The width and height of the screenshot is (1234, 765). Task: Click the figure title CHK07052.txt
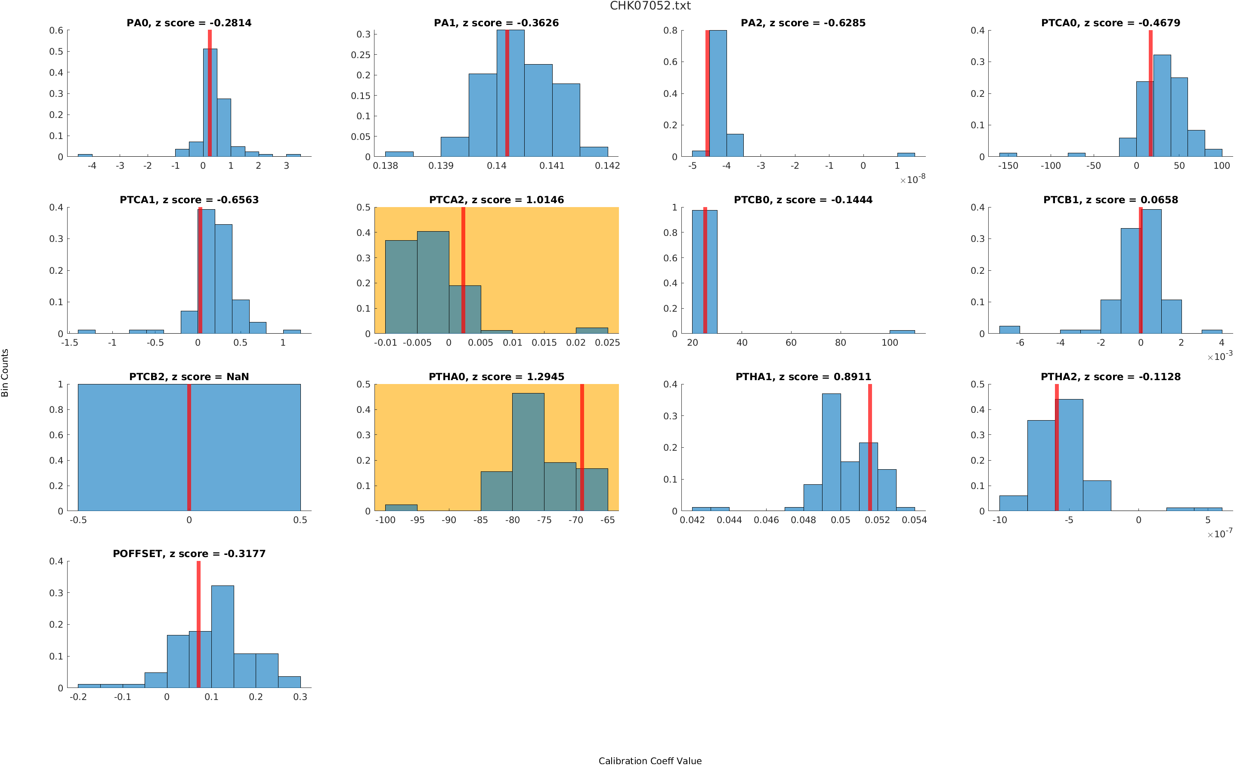click(650, 6)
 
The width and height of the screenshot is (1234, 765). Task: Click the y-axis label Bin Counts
click(5, 372)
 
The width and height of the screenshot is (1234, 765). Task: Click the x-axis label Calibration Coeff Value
click(650, 760)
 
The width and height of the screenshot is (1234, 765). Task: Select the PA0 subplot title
click(189, 23)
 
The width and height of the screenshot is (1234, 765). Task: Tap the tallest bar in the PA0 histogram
click(210, 101)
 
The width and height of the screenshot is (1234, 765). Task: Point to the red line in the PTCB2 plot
click(189, 447)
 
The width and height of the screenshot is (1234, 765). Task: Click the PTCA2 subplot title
click(496, 200)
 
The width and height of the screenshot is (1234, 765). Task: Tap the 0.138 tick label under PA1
click(385, 166)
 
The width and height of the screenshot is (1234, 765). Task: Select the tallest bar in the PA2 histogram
click(718, 93)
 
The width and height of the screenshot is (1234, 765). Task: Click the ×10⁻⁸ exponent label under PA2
click(912, 179)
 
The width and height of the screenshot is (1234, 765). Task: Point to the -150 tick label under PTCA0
click(1008, 166)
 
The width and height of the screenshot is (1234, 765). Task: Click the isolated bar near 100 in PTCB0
click(902, 332)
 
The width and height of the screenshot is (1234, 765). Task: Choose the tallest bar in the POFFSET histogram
click(223, 636)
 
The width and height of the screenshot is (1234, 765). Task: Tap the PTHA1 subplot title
click(803, 377)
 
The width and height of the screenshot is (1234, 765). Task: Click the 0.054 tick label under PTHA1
click(914, 520)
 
